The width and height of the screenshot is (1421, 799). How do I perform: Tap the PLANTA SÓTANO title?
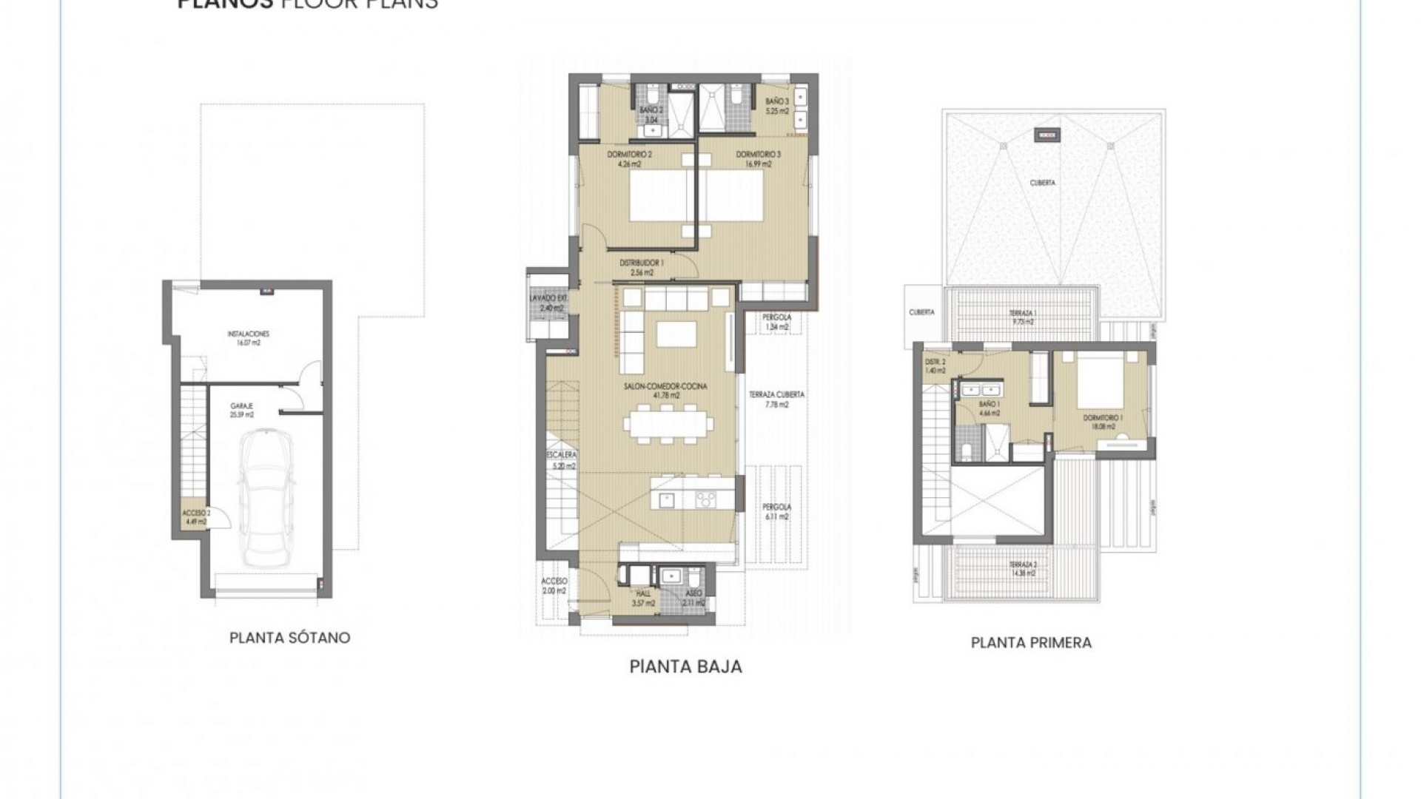[x=289, y=638]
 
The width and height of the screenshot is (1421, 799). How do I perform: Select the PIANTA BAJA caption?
[x=685, y=667]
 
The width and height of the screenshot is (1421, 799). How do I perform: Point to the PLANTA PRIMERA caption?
[x=1031, y=642]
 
